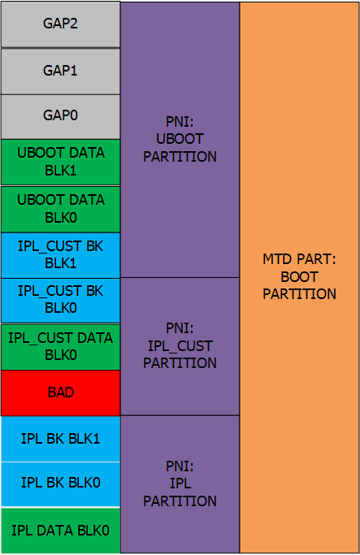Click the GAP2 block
[x=60, y=24]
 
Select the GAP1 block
[x=60, y=72]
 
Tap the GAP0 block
[x=60, y=116]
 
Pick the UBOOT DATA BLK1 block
[x=60, y=162]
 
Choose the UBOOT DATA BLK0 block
[x=60, y=209]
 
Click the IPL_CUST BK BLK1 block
[x=60, y=255]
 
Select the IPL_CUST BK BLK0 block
[x=60, y=300]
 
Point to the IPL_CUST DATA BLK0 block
[x=60, y=347]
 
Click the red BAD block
[x=60, y=393]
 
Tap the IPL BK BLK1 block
[x=60, y=439]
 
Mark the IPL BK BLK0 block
[x=60, y=484]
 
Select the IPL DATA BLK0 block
[x=60, y=531]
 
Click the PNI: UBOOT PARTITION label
[x=180, y=139]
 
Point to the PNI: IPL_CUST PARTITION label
[x=180, y=346]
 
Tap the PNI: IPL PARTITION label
[x=180, y=483]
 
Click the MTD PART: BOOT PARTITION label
[x=300, y=277]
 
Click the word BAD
[x=60, y=392]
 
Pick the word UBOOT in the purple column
[x=180, y=139]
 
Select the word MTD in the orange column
[x=277, y=259]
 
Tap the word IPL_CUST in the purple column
[x=180, y=346]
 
